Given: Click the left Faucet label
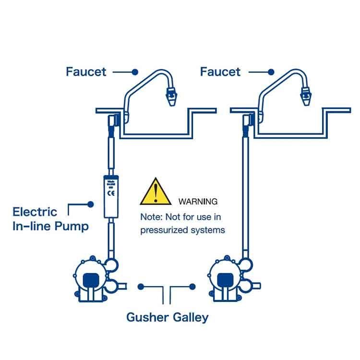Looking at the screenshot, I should click(x=86, y=72).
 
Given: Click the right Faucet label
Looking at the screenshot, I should click(x=220, y=72).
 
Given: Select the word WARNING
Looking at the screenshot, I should click(x=198, y=201).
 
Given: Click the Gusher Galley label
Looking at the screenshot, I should click(x=167, y=317).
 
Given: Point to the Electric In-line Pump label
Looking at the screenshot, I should click(x=50, y=219).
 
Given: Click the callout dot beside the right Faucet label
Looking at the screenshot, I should click(x=271, y=72).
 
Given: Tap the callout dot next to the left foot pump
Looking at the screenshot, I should click(x=141, y=287).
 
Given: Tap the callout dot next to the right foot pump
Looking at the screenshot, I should click(x=192, y=287).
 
